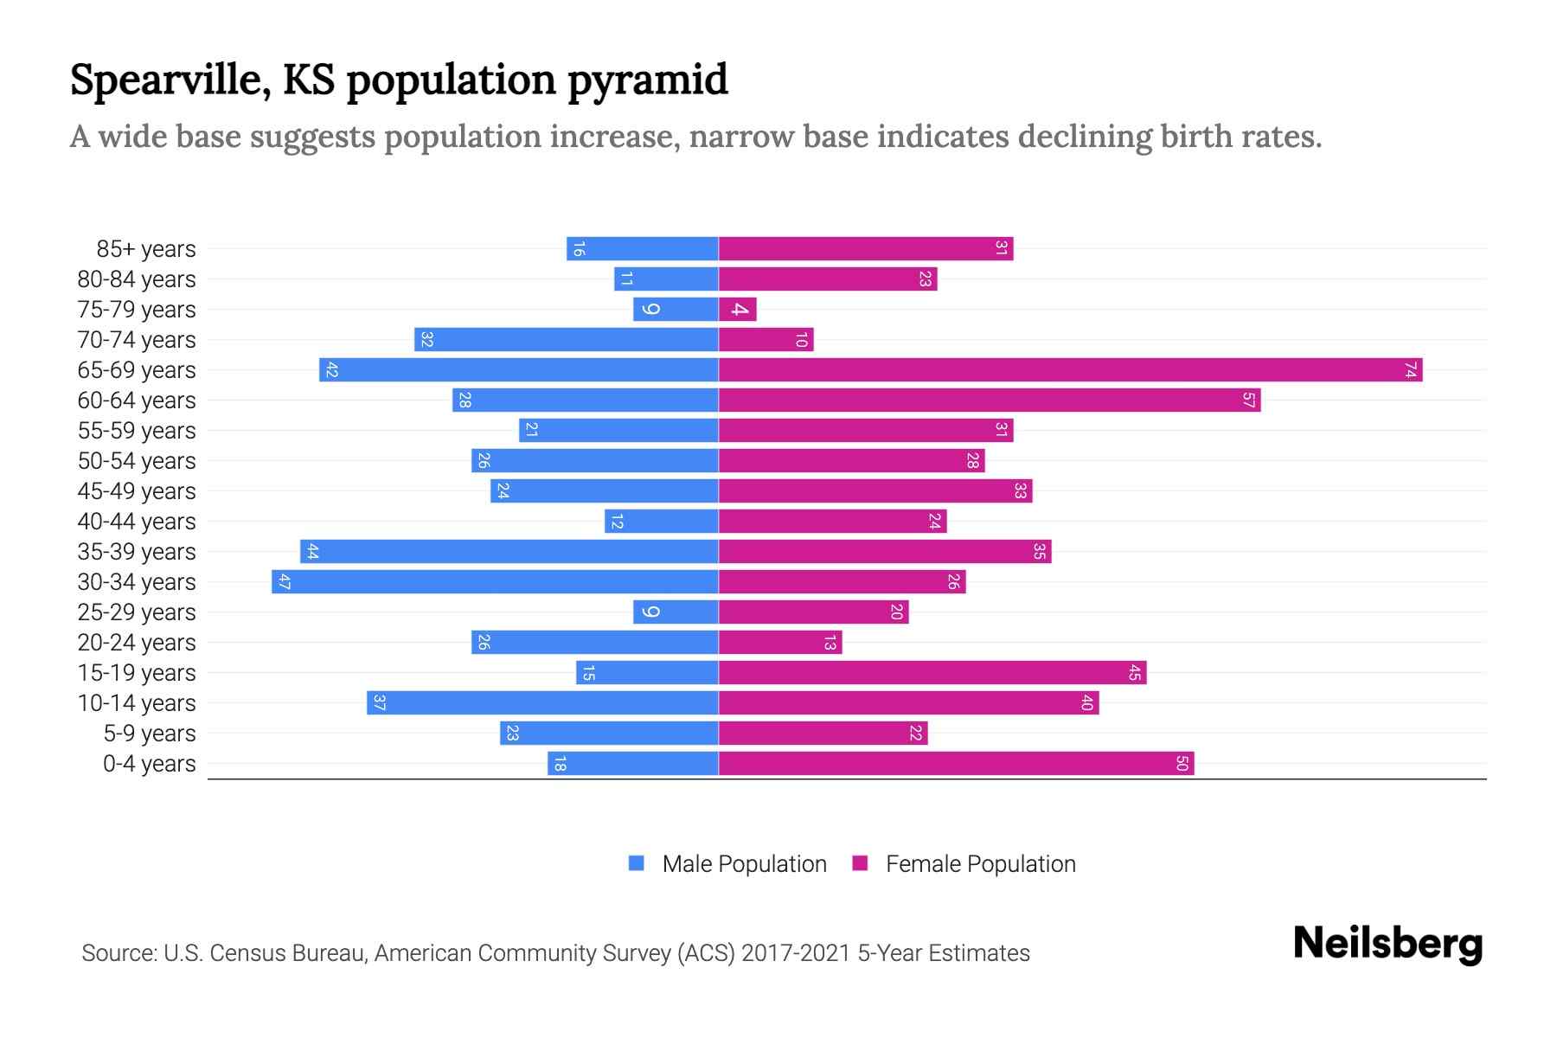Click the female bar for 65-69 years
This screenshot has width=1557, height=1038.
[1070, 370]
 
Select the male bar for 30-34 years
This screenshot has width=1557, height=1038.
[495, 582]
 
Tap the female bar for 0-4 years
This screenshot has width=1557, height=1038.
[956, 764]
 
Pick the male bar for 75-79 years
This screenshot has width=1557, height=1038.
[676, 310]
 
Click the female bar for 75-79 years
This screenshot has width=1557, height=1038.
[737, 310]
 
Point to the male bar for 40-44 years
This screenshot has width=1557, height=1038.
[662, 522]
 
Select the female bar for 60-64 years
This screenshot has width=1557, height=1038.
[990, 400]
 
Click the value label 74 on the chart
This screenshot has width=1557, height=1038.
[1411, 370]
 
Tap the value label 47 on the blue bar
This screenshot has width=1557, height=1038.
[284, 582]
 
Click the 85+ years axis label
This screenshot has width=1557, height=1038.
[145, 249]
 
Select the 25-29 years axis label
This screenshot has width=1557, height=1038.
[137, 612]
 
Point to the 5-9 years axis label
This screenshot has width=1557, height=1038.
[149, 734]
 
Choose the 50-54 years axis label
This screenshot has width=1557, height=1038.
[137, 461]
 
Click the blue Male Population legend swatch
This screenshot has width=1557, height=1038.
[637, 863]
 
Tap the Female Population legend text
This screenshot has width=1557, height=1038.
[980, 863]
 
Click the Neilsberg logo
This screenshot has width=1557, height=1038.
[1387, 944]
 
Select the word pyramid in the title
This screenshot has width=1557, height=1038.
[648, 80]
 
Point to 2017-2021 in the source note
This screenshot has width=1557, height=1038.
[796, 953]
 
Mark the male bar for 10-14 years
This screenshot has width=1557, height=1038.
[542, 703]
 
